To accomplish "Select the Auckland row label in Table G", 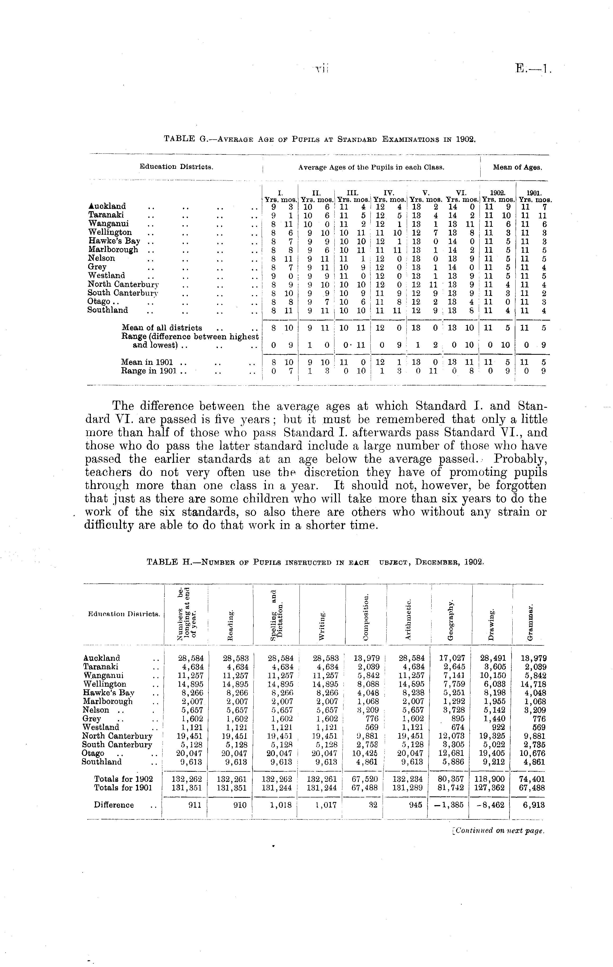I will coord(107,206).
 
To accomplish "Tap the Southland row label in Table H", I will coord(102,761).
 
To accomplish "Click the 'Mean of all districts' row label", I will coord(161,328).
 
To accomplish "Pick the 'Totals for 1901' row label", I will coord(123,787).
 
